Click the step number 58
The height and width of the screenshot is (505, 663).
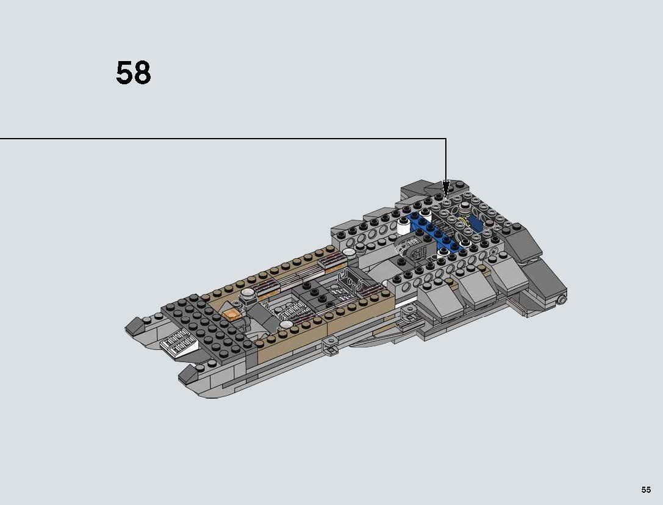133,73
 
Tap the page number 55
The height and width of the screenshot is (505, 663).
646,490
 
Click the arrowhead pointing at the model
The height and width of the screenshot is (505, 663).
446,186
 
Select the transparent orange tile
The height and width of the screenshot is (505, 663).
232,314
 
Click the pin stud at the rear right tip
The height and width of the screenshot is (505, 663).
562,299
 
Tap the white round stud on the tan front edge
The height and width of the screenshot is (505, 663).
349,251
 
